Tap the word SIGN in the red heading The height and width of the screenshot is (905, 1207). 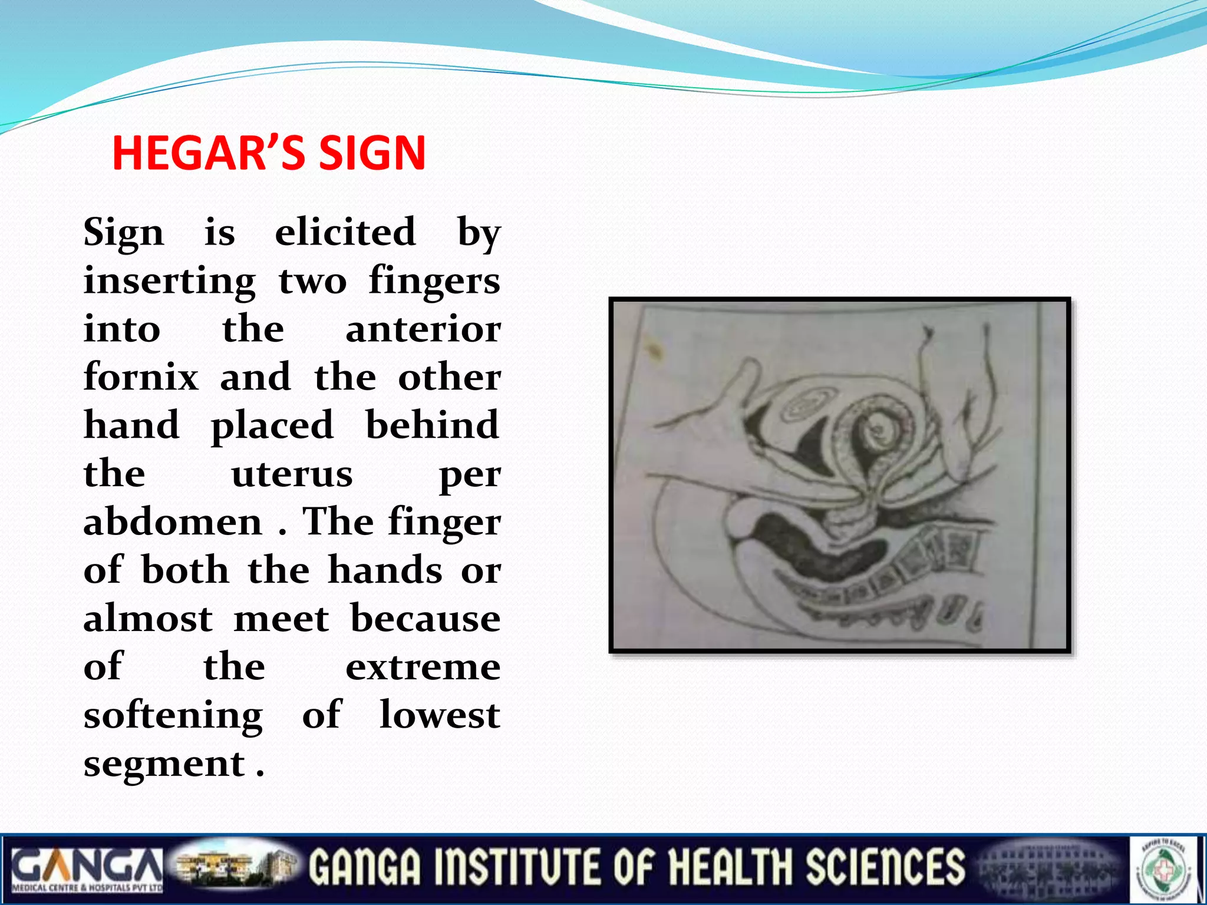point(372,153)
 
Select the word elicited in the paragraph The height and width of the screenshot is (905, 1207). point(346,232)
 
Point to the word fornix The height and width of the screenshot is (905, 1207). point(141,376)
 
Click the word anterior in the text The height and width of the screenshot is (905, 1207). point(423,329)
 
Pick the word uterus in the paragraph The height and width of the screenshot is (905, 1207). point(292,474)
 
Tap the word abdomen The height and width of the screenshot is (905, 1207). point(173,522)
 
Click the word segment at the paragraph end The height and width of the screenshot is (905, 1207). point(164,764)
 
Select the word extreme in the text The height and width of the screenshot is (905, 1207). point(423,667)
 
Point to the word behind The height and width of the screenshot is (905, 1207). point(433,425)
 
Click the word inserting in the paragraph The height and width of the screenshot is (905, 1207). point(170,280)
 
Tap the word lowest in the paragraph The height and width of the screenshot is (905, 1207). point(440,715)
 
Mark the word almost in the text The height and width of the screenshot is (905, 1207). point(148,619)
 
